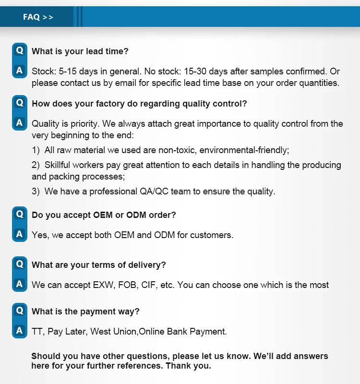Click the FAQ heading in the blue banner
pyautogui.click(x=38, y=17)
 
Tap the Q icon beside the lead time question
pyautogui.click(x=19, y=50)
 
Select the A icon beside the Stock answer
pyautogui.click(x=19, y=71)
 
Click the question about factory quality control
pyautogui.click(x=139, y=103)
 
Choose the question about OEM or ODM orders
pyautogui.click(x=104, y=215)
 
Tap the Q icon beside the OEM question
pyautogui.click(x=19, y=214)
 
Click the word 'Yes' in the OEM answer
pyautogui.click(x=39, y=235)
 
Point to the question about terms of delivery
pyautogui.click(x=99, y=265)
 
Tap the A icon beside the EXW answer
pyautogui.click(x=19, y=284)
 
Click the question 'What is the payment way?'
pyautogui.click(x=85, y=312)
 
